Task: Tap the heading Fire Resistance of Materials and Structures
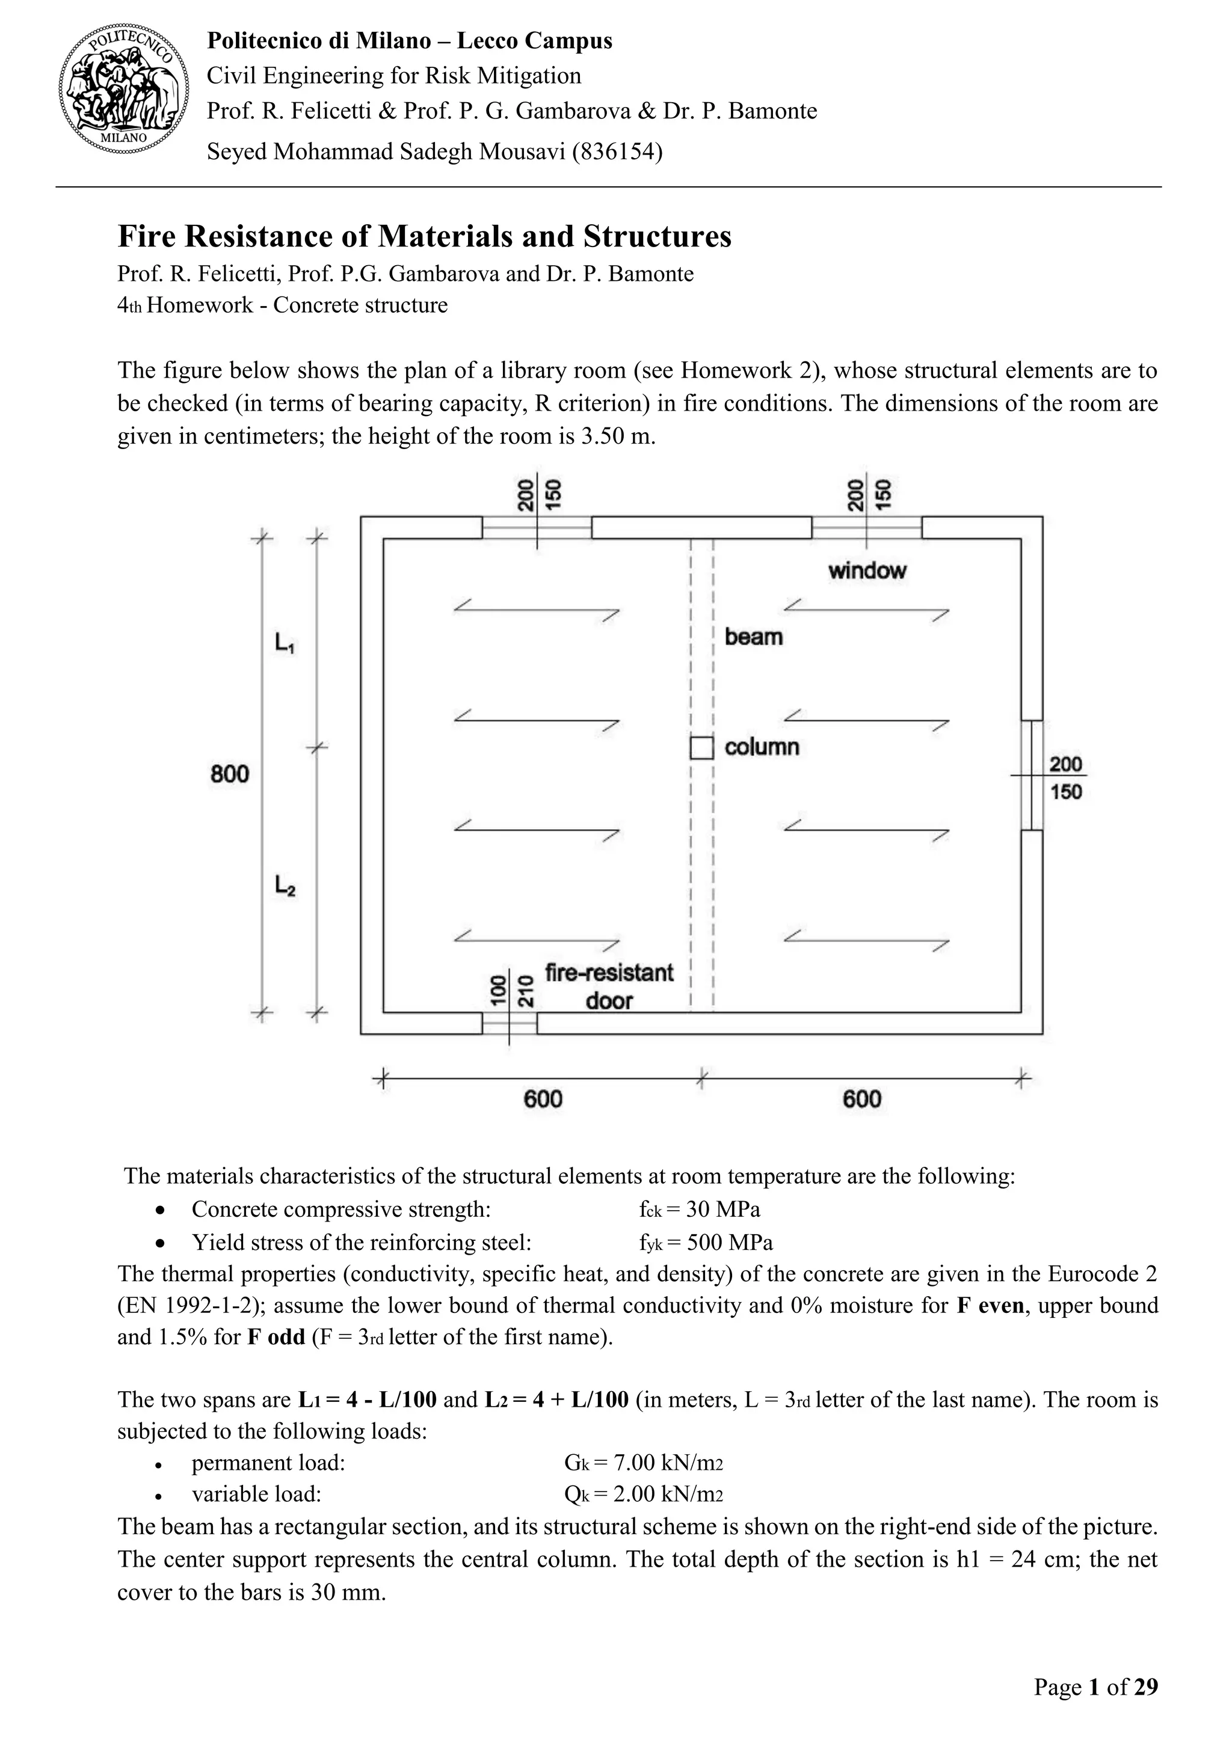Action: (x=424, y=237)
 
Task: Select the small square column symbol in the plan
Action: (x=702, y=748)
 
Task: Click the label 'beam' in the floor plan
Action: (x=753, y=637)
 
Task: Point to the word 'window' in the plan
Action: (x=867, y=571)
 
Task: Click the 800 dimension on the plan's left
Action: (x=229, y=774)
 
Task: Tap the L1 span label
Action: (x=285, y=644)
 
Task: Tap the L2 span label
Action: (x=285, y=885)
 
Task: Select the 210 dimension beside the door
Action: (x=526, y=990)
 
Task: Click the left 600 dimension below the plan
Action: (x=543, y=1099)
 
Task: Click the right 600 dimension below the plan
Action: (x=862, y=1099)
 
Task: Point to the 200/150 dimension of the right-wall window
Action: (x=1066, y=778)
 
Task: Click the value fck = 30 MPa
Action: (x=700, y=1209)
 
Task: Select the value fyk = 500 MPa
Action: (x=706, y=1242)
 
